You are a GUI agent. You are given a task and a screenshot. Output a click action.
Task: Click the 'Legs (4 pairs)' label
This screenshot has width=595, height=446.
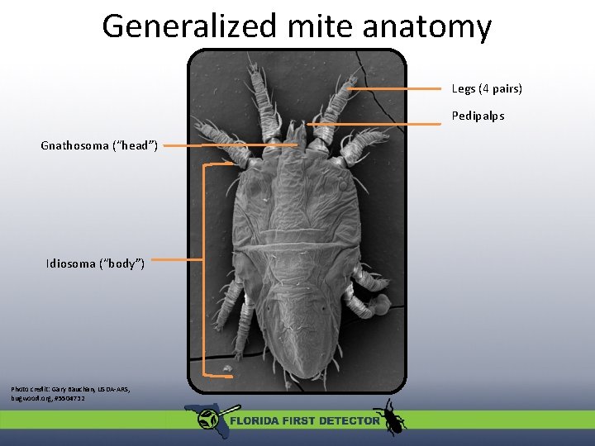(x=486, y=88)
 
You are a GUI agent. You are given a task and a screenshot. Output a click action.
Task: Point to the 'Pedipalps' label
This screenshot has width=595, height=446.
(x=477, y=116)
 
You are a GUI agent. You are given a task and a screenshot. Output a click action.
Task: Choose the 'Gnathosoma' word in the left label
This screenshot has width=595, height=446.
(x=74, y=146)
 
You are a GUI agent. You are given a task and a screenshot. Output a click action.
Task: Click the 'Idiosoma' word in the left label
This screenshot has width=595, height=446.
(x=70, y=263)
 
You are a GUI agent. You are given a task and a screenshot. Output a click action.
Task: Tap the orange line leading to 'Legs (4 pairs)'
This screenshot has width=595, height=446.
(x=397, y=88)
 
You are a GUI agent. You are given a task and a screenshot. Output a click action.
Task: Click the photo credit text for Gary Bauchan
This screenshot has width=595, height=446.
(x=70, y=388)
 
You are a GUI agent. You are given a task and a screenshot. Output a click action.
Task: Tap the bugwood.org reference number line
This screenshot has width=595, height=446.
(x=47, y=398)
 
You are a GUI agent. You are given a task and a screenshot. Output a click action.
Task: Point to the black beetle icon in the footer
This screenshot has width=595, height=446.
(x=388, y=415)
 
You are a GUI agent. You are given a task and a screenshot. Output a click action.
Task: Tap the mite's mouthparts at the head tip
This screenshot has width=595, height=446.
(x=295, y=132)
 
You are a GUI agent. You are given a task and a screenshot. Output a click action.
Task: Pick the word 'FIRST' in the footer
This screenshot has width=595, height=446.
(x=298, y=420)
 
